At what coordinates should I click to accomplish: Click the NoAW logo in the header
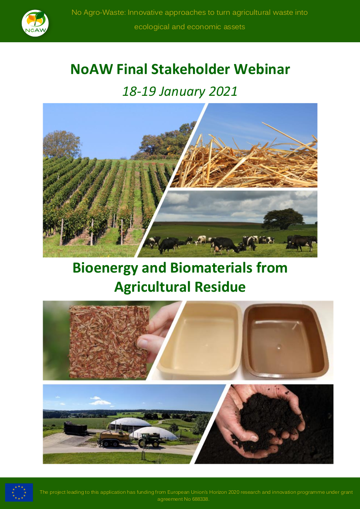(x=35, y=22)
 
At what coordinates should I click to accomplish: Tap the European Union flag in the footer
(x=19, y=492)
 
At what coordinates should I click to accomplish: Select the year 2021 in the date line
(x=222, y=91)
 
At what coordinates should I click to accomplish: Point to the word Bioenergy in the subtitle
(x=105, y=267)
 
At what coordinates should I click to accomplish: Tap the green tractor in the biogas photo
(x=148, y=440)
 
